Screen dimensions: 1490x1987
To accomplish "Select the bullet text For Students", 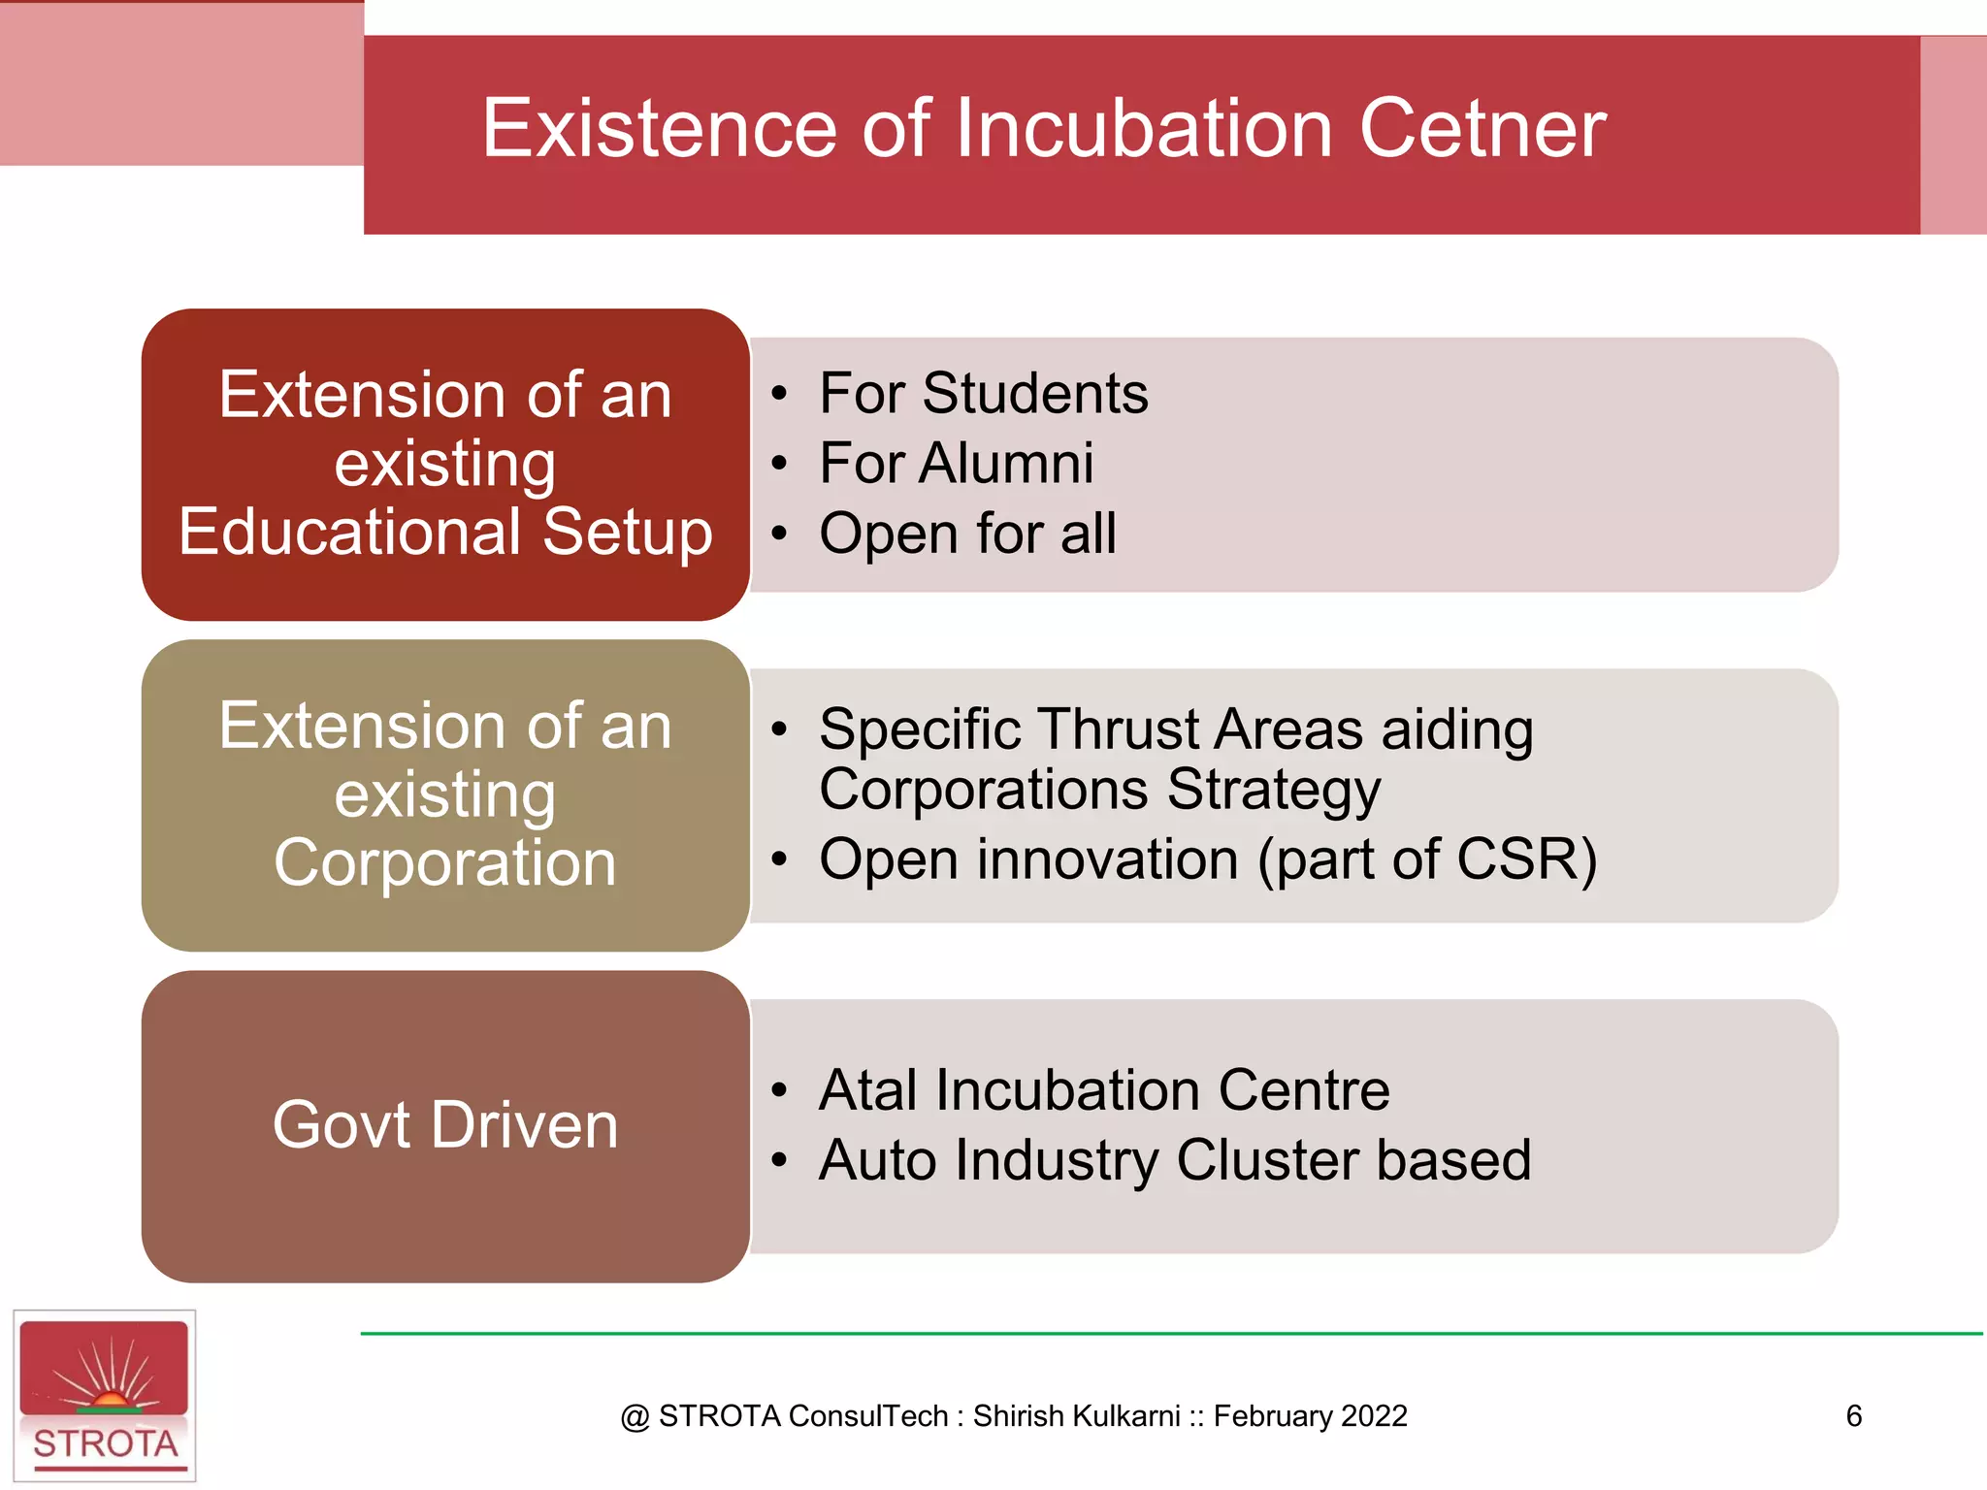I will pyautogui.click(x=983, y=394).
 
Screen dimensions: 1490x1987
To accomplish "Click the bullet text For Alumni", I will pyautogui.click(x=956, y=464).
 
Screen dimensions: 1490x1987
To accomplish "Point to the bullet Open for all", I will pyautogui.click(x=967, y=534).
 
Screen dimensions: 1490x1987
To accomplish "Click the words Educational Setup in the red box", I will pyautogui.click(x=445, y=533).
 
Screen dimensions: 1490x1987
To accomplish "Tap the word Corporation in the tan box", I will pyautogui.click(x=445, y=862).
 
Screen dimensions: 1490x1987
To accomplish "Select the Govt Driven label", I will pyautogui.click(x=445, y=1125).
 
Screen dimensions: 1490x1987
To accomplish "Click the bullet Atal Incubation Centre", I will pyautogui.click(x=1103, y=1090).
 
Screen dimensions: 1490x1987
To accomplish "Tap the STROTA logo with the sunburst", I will pyautogui.click(x=105, y=1395).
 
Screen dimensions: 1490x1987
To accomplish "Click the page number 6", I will pyautogui.click(x=1853, y=1416).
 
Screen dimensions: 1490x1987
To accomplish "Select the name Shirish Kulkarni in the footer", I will pyautogui.click(x=1077, y=1416).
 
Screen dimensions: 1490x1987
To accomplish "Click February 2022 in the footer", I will pyautogui.click(x=1310, y=1416).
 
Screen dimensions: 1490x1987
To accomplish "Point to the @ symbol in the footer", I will pyautogui.click(x=635, y=1417).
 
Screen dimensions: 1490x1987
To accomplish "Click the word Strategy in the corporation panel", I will pyautogui.click(x=1274, y=791).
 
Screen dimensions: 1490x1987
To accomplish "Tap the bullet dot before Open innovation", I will pyautogui.click(x=779, y=859).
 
